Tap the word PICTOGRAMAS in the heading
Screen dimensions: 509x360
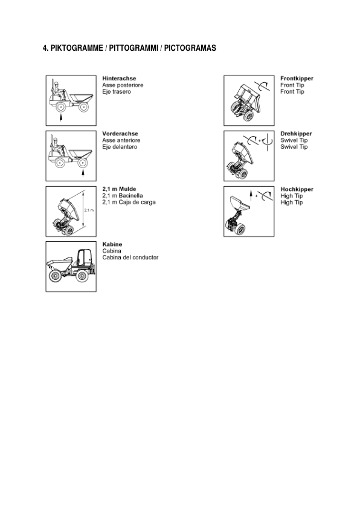[x=190, y=48]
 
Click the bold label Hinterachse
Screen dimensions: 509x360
[x=119, y=79]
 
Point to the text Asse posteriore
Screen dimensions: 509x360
[x=123, y=85]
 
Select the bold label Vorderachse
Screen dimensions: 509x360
[x=120, y=134]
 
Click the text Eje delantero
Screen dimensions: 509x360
[x=120, y=147]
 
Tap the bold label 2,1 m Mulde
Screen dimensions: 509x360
[x=119, y=189]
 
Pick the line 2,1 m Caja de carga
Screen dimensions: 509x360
[x=129, y=203]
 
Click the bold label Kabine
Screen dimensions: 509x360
[x=112, y=244]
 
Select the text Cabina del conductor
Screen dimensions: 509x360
[x=130, y=258]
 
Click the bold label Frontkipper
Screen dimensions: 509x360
[x=297, y=79]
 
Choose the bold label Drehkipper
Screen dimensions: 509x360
[x=296, y=134]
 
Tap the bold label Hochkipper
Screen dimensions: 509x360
[x=297, y=189]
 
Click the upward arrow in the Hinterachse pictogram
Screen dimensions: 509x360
[x=60, y=117]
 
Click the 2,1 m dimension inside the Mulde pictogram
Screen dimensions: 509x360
[x=88, y=210]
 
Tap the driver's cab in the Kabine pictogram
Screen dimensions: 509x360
[x=83, y=258]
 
